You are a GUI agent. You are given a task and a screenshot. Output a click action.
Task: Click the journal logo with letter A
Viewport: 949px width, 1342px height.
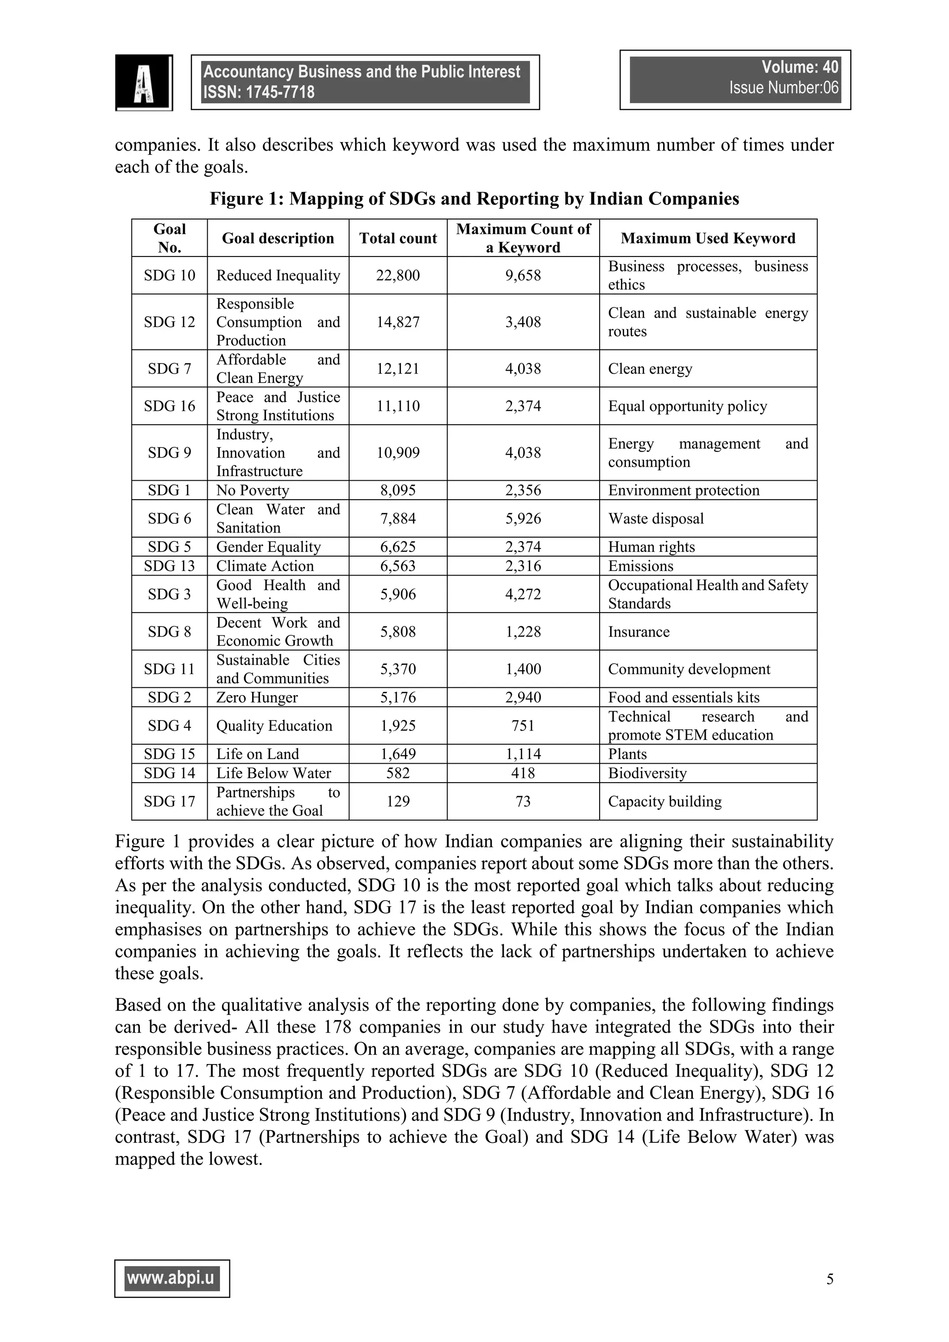[x=144, y=82]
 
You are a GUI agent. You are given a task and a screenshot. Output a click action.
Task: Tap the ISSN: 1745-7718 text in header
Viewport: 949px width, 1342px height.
[x=259, y=92]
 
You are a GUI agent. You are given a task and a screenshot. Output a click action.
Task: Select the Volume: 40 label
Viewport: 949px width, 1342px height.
[x=799, y=67]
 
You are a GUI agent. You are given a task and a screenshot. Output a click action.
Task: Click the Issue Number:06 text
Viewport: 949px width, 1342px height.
[x=783, y=88]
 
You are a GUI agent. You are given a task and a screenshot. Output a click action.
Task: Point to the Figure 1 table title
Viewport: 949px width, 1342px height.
[x=474, y=199]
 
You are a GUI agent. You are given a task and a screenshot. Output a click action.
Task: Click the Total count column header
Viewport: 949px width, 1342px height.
[x=398, y=238]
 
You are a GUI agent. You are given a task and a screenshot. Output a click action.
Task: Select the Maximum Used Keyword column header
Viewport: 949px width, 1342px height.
[x=708, y=238]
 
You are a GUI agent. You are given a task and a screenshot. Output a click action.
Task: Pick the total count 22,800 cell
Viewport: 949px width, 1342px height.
[x=398, y=275]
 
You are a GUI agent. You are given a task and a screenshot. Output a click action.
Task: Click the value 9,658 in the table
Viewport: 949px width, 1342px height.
[x=523, y=275]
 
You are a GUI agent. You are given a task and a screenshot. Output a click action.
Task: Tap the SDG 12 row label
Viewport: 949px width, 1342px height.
[x=169, y=322]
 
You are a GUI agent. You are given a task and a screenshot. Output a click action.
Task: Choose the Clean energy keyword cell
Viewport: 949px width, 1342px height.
[x=650, y=369]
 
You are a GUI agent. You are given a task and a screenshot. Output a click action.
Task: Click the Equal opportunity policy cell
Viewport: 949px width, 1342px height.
[x=687, y=406]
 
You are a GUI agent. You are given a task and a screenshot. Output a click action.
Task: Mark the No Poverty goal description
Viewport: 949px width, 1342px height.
[x=253, y=490]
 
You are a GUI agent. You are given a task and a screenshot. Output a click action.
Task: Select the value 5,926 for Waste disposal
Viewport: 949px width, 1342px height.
[x=523, y=519]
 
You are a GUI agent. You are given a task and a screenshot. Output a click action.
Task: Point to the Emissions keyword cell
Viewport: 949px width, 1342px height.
[x=640, y=566]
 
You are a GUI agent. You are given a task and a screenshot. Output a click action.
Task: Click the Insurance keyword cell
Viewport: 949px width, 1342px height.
[x=639, y=632]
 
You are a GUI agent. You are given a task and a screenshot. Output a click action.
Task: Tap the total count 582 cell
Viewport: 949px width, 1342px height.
[x=398, y=773]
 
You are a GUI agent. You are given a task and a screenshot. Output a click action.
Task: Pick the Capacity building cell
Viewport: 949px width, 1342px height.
[x=664, y=801]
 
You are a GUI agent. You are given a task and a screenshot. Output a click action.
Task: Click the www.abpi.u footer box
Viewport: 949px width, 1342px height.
[x=172, y=1279]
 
